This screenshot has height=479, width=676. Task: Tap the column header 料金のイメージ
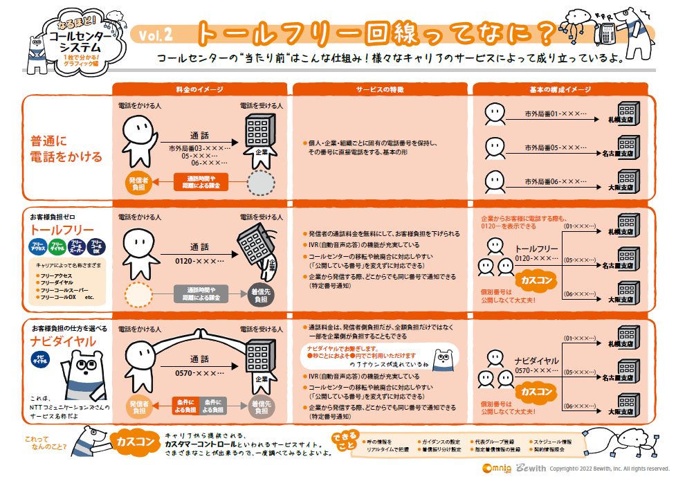(x=200, y=90)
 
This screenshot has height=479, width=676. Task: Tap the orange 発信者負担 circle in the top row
(x=137, y=183)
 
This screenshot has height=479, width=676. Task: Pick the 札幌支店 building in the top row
(x=626, y=113)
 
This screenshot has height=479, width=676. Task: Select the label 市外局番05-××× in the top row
(x=554, y=147)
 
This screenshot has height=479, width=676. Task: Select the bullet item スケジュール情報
(x=557, y=441)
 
